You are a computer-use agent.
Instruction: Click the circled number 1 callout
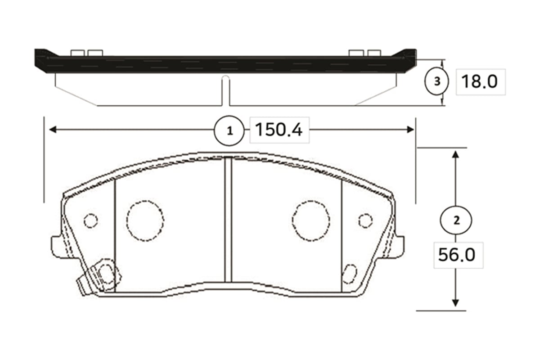tap(229, 130)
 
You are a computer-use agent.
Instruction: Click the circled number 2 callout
tap(456, 220)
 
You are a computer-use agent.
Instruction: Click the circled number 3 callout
tap(436, 81)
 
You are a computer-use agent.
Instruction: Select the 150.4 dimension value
tap(279, 130)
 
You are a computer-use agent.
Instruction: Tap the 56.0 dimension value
tap(457, 255)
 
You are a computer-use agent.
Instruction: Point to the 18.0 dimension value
tap(479, 81)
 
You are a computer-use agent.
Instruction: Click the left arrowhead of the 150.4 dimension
tap(53, 130)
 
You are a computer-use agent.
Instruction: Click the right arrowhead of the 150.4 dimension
tap(410, 130)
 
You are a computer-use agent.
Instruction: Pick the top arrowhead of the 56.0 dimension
tap(455, 154)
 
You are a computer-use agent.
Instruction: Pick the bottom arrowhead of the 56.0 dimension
tap(455, 303)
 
